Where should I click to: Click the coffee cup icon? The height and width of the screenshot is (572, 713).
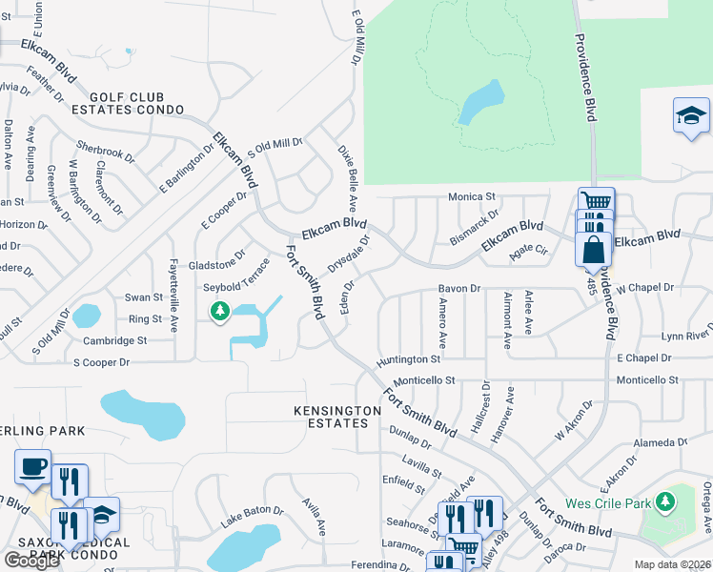[x=33, y=467]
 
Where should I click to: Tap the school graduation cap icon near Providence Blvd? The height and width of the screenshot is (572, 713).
[x=691, y=116]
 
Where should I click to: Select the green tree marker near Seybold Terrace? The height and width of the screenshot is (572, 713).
[x=220, y=311]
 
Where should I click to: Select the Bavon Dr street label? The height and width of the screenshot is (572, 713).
[x=459, y=288]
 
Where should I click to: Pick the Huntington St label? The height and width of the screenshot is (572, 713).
[x=408, y=359]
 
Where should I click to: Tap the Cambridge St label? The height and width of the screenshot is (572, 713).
[x=114, y=340]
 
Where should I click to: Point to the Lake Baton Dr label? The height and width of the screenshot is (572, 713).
[x=252, y=517]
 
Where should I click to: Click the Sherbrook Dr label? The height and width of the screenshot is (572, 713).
[x=106, y=152]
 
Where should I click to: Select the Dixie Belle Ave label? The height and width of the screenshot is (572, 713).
[x=347, y=177]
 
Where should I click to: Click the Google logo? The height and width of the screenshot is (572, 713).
[x=31, y=561]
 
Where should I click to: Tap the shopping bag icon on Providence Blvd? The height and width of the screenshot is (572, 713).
[x=593, y=250]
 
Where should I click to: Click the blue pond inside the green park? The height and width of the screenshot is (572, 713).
[x=481, y=101]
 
